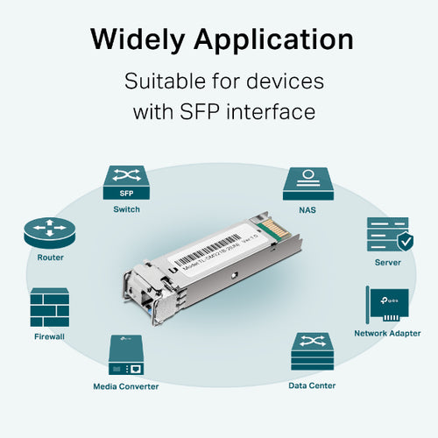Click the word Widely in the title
click(140, 39)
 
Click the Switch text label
click(126, 209)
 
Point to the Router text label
click(50, 258)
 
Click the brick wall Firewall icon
click(50, 307)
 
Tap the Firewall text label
click(50, 336)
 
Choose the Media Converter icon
click(126, 355)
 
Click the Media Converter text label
click(126, 385)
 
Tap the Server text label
click(387, 262)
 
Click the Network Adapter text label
click(387, 334)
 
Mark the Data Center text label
click(311, 385)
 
